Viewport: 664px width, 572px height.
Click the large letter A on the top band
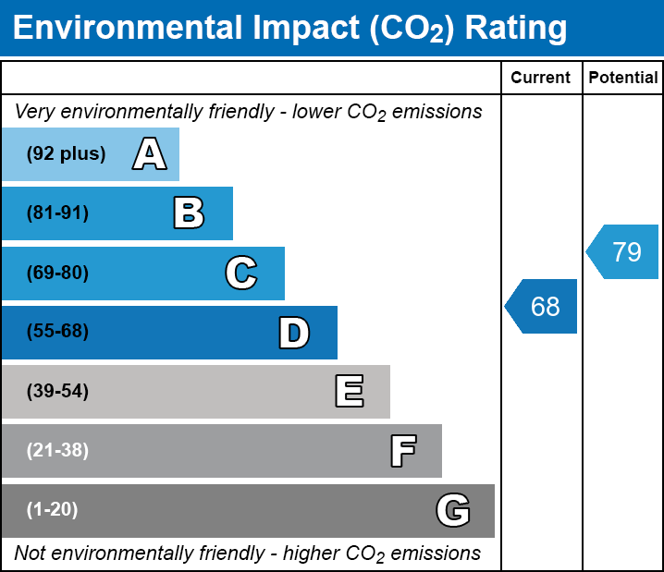pyautogui.click(x=150, y=154)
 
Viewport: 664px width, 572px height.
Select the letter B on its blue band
pyautogui.click(x=189, y=213)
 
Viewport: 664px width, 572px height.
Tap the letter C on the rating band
pyautogui.click(x=241, y=273)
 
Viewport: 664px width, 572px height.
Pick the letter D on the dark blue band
pyautogui.click(x=294, y=333)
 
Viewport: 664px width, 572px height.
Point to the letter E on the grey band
pyautogui.click(x=349, y=392)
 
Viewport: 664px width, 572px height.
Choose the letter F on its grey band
pyautogui.click(x=402, y=451)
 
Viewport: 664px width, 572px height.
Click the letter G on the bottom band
pyautogui.click(x=453, y=510)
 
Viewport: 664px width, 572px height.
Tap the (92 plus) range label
pyautogui.click(x=66, y=154)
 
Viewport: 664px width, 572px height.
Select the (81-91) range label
pyautogui.click(x=58, y=213)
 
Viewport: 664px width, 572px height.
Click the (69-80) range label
pyautogui.click(x=58, y=274)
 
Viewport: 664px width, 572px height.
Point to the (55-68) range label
pyautogui.click(x=58, y=332)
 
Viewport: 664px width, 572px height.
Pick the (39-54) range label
pyautogui.click(x=58, y=392)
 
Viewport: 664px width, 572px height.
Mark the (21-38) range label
pyautogui.click(x=58, y=451)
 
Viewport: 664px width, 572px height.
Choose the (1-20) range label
pyautogui.click(x=53, y=510)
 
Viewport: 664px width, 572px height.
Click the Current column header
pyautogui.click(x=541, y=79)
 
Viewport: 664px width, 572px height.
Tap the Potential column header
pyautogui.click(x=623, y=79)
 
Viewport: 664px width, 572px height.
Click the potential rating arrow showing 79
pyautogui.click(x=623, y=251)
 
